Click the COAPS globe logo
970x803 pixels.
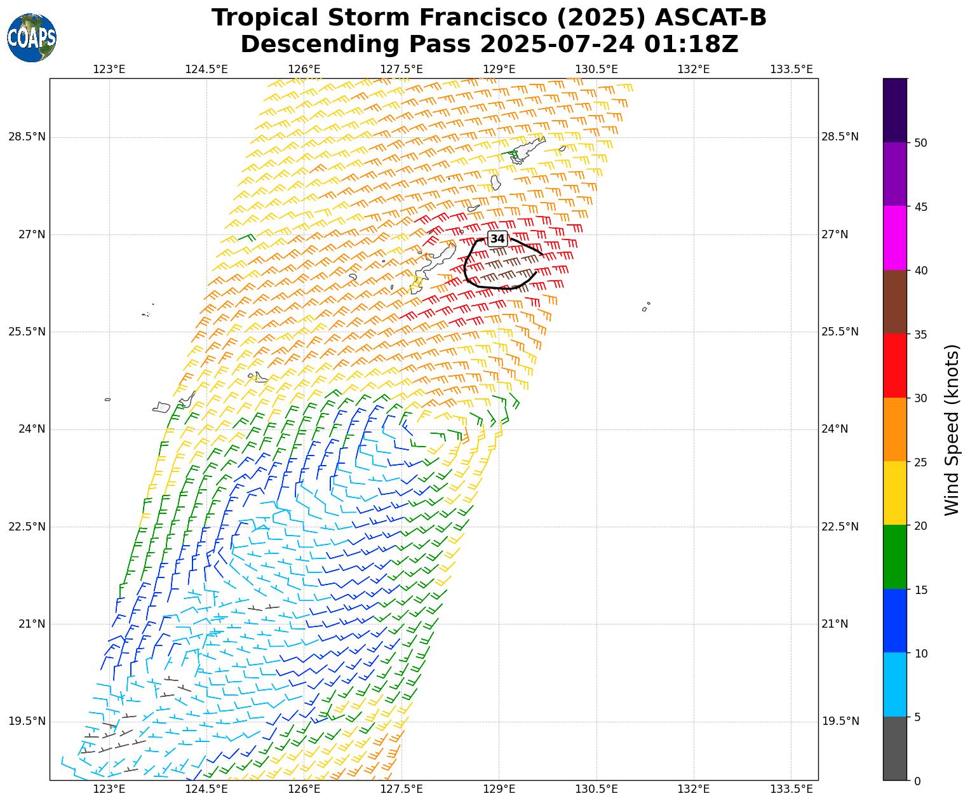point(32,37)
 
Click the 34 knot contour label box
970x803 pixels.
point(497,239)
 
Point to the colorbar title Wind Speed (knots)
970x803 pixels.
point(951,429)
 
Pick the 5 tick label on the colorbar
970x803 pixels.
point(917,717)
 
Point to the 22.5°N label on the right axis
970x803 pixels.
point(840,527)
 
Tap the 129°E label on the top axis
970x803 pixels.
point(499,69)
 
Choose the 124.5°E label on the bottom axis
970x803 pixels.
point(206,789)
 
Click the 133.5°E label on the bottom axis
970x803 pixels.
point(791,789)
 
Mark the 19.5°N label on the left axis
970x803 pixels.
point(27,721)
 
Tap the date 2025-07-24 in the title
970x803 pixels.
point(558,44)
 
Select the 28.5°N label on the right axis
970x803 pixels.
point(840,137)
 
